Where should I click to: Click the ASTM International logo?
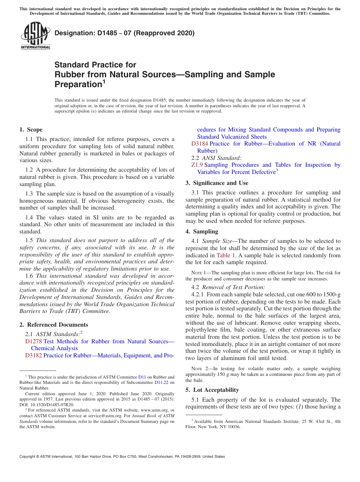pos(35,36)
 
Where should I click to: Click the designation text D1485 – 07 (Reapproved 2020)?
pos(124,33)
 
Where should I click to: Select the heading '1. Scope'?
pos(31,130)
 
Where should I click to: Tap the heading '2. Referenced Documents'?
pos(54,325)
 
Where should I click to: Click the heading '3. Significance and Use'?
pos(217,183)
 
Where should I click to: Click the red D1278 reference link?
pos(33,341)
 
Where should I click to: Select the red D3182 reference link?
pos(33,355)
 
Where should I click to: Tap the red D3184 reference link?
pos(200,144)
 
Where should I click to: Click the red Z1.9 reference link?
pos(197,165)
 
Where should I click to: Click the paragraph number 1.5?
pos(29,240)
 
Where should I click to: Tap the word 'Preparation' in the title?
pos(78,84)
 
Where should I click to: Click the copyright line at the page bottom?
pos(122,457)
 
